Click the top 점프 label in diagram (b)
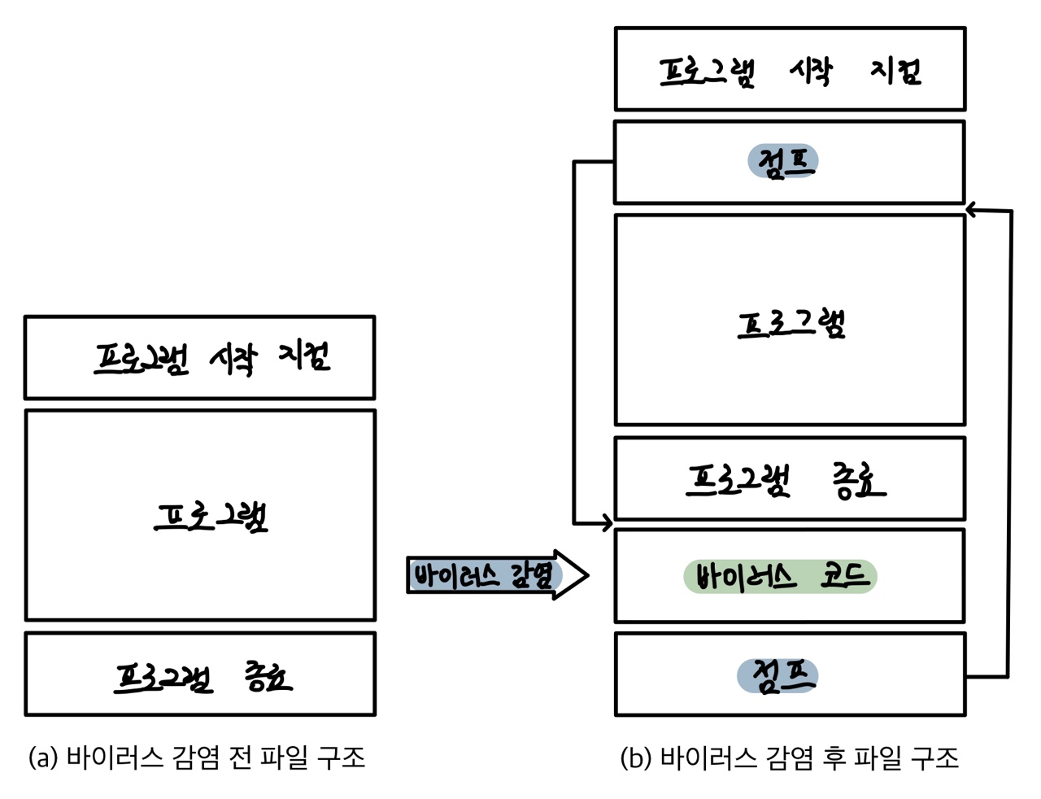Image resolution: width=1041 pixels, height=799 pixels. click(782, 161)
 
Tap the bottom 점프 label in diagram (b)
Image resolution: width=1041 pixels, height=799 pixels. click(777, 676)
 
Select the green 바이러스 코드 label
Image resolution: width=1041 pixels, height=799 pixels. click(780, 577)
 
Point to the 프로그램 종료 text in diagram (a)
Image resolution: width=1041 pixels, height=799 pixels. click(203, 676)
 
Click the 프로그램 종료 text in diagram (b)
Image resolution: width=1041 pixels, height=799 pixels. click(786, 480)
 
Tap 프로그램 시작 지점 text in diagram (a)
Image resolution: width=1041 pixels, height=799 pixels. click(211, 357)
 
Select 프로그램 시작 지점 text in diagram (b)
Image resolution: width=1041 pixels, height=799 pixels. click(790, 72)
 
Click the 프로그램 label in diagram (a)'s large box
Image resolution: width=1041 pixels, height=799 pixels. click(211, 516)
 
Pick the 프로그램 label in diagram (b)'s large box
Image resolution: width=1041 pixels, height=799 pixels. click(791, 323)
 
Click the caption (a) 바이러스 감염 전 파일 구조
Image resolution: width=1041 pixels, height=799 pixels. click(197, 758)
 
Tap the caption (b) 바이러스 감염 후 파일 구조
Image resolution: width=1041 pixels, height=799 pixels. click(789, 758)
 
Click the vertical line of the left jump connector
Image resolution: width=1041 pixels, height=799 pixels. click(574, 342)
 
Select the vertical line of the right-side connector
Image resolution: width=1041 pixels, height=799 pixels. click(1009, 443)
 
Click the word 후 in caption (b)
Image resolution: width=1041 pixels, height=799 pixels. click(833, 758)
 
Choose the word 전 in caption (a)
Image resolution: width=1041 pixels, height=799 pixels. click(239, 758)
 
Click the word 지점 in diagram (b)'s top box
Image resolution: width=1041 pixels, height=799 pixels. click(895, 72)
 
